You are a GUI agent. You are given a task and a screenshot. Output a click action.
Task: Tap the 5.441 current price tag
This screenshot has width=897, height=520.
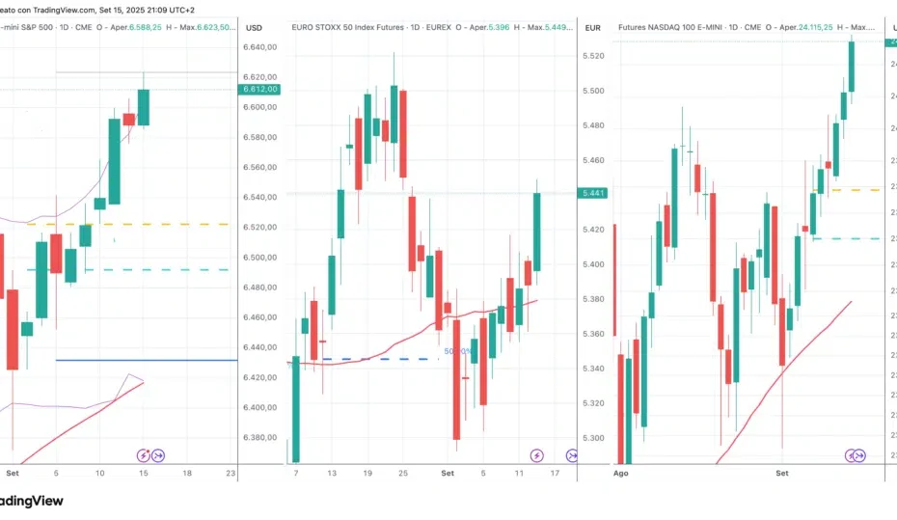point(592,193)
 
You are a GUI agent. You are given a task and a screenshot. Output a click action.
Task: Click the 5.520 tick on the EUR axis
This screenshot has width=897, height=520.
point(594,56)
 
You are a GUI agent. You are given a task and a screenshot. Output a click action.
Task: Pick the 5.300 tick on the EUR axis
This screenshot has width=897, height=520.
point(594,438)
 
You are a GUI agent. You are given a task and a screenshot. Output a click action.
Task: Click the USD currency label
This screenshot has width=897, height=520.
point(255,28)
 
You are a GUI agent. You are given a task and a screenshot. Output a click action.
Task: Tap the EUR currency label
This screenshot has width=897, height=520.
point(593,28)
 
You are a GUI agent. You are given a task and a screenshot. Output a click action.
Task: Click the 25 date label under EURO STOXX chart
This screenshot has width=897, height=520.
point(403,474)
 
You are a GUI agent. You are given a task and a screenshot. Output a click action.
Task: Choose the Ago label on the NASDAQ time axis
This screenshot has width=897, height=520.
point(622,474)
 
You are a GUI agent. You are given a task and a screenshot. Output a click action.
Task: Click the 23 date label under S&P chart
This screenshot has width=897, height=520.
point(230,474)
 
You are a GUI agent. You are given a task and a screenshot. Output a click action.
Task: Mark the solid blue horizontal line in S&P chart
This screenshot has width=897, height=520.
point(145,360)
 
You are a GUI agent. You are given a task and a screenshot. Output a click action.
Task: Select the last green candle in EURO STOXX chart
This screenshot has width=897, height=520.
point(537,232)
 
